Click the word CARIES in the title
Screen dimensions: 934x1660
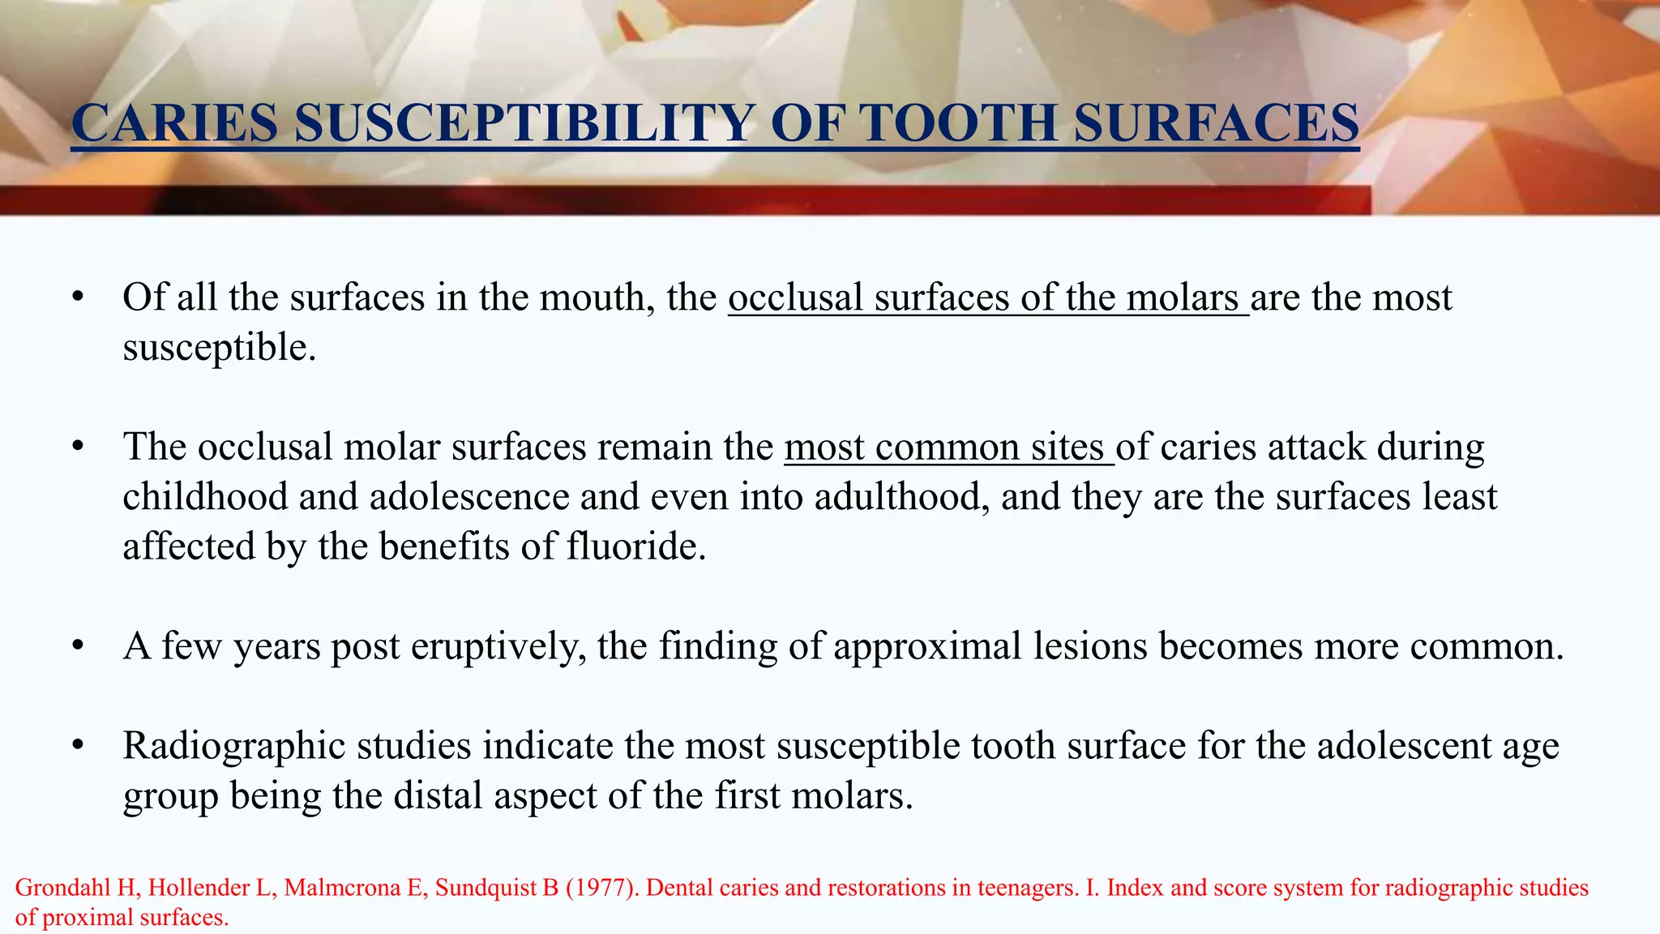tap(174, 123)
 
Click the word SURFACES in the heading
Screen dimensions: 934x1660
tap(1216, 123)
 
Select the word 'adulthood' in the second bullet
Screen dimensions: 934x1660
tap(901, 496)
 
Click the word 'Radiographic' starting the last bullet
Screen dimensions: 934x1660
tap(234, 746)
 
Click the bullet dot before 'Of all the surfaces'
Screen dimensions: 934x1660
tap(78, 298)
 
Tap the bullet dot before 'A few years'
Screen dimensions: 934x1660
tap(78, 646)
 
